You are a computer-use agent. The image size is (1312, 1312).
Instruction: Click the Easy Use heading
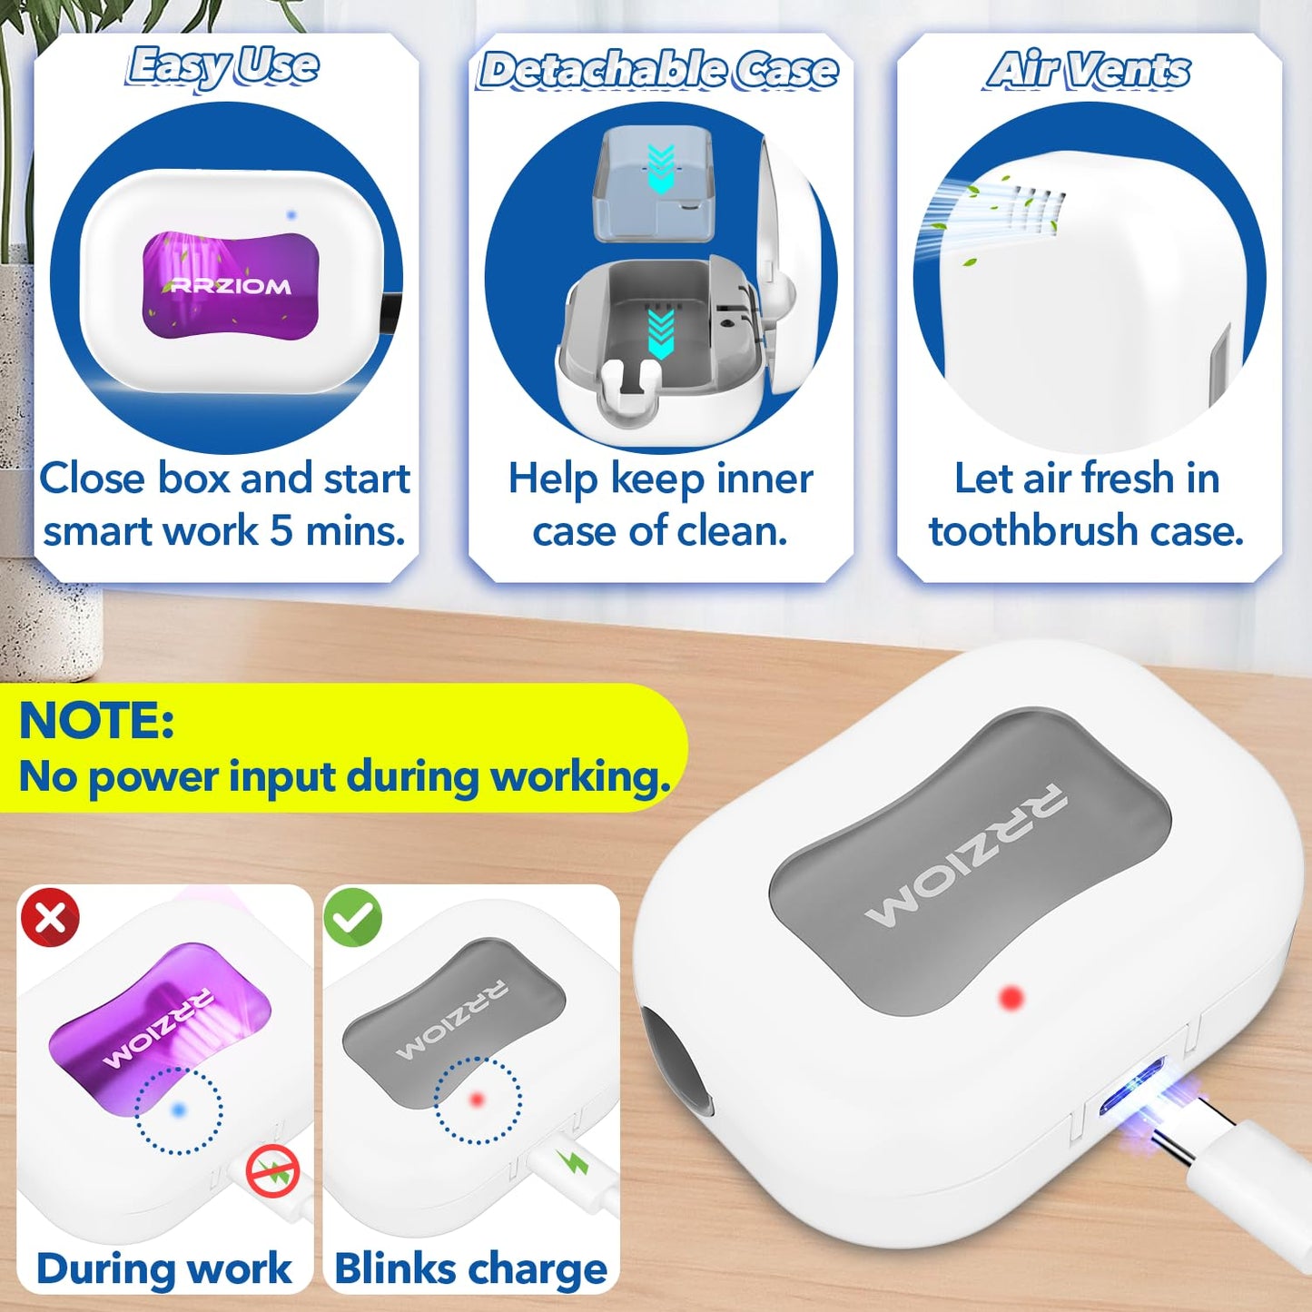tap(223, 67)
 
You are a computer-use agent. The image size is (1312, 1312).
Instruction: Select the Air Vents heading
tap(1089, 70)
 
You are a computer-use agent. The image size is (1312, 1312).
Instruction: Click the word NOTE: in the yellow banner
tap(96, 721)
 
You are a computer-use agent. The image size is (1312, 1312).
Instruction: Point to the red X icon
tap(50, 917)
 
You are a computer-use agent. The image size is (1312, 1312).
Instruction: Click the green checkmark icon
tap(353, 917)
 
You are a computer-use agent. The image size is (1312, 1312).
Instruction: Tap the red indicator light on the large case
tap(1011, 998)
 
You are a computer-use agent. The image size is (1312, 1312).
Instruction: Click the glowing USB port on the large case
tap(1131, 1087)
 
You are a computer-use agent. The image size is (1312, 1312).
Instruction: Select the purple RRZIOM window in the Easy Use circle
tap(231, 285)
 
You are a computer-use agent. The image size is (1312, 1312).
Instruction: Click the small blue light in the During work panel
tap(179, 1110)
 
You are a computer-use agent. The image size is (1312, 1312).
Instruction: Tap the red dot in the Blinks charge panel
tap(477, 1100)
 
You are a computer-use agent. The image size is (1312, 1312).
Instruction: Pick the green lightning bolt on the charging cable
tap(574, 1161)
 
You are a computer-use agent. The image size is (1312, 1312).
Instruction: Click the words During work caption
tap(164, 1268)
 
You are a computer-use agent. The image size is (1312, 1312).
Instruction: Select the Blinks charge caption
tap(470, 1268)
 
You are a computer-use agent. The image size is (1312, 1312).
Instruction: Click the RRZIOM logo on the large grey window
tap(967, 854)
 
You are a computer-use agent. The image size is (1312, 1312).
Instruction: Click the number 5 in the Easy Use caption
tap(281, 530)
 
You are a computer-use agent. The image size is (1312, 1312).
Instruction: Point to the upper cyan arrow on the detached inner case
tap(662, 167)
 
